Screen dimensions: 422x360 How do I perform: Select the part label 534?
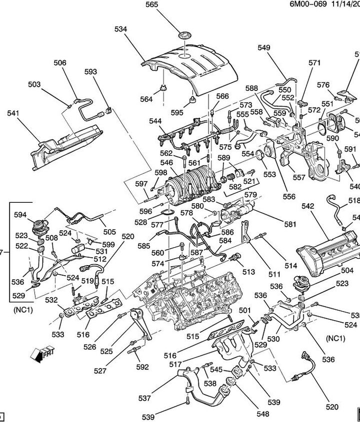click(x=120, y=29)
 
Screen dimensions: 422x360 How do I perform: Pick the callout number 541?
click(x=13, y=113)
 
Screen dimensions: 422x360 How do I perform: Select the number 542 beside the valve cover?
click(x=308, y=206)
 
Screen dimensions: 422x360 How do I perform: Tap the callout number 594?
click(x=20, y=215)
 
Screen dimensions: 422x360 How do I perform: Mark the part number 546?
click(x=166, y=163)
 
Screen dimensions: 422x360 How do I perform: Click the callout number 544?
click(x=155, y=121)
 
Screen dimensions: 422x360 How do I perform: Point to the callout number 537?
click(x=144, y=399)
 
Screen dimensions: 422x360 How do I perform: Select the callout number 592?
click(x=142, y=367)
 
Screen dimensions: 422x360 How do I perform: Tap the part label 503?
click(x=34, y=85)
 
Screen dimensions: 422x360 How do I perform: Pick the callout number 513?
click(x=248, y=272)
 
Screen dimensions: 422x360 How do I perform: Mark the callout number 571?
click(x=314, y=63)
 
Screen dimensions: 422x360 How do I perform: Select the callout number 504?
click(x=347, y=270)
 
